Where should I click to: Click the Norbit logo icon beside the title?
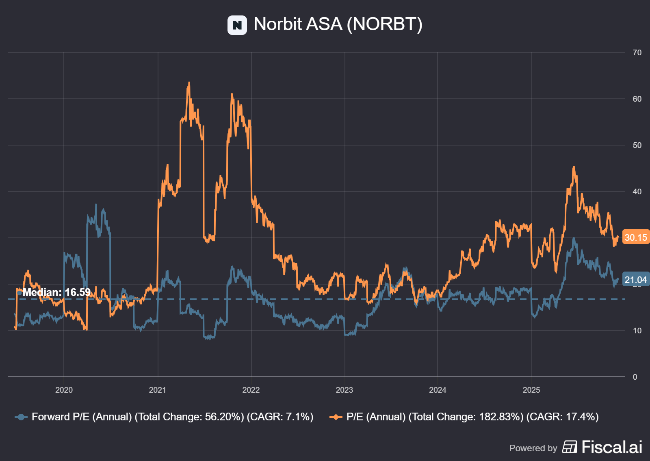pyautogui.click(x=237, y=25)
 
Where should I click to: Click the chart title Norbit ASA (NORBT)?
pyautogui.click(x=338, y=24)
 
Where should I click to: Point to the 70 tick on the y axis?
pyautogui.click(x=637, y=52)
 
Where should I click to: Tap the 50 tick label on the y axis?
pyautogui.click(x=637, y=145)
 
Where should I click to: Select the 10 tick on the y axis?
pyautogui.click(x=637, y=331)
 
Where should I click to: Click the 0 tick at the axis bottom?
pyautogui.click(x=635, y=377)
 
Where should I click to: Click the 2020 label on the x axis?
pyautogui.click(x=64, y=390)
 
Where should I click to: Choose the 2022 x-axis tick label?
pyautogui.click(x=251, y=390)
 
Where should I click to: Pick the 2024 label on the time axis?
pyautogui.click(x=438, y=390)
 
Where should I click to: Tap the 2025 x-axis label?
pyautogui.click(x=531, y=390)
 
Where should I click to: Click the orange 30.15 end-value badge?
pyautogui.click(x=635, y=237)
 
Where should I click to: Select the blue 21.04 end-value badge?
pyautogui.click(x=635, y=280)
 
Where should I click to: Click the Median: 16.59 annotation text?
pyautogui.click(x=56, y=292)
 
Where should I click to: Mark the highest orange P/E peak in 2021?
pyautogui.click(x=189, y=83)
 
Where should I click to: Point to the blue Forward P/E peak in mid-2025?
pyautogui.click(x=574, y=239)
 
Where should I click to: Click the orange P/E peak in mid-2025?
pyautogui.click(x=574, y=167)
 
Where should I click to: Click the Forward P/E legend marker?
pyautogui.click(x=21, y=417)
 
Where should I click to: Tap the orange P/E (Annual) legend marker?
pyautogui.click(x=336, y=417)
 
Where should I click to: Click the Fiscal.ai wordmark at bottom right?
pyautogui.click(x=611, y=447)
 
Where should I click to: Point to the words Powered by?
pyautogui.click(x=533, y=448)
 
